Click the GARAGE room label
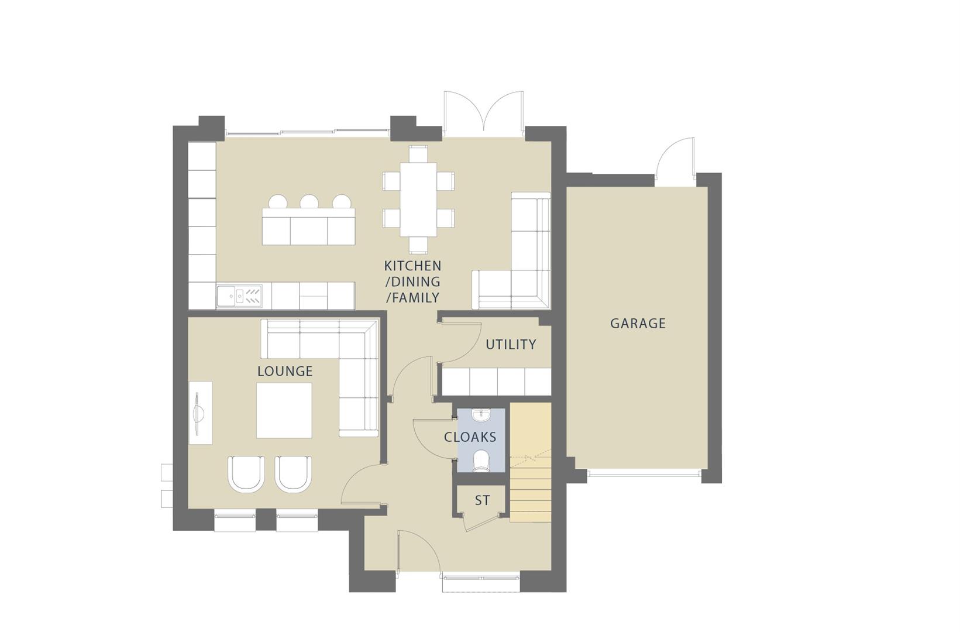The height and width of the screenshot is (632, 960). [x=637, y=324]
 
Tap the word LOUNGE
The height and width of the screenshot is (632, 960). [x=285, y=371]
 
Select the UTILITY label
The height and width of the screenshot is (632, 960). [x=511, y=345]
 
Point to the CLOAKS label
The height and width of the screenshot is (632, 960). [x=470, y=437]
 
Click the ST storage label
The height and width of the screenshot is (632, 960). [x=482, y=501]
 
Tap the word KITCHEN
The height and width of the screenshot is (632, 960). [x=412, y=266]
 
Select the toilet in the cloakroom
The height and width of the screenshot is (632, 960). [x=481, y=461]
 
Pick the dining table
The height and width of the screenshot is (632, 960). [x=418, y=199]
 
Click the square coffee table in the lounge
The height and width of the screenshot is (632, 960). [x=284, y=410]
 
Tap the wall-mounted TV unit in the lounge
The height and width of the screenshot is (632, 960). [x=200, y=413]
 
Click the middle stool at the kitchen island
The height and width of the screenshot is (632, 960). [x=309, y=202]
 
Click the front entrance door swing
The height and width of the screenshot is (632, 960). [x=418, y=550]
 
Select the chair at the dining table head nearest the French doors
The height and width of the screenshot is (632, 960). [x=418, y=154]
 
